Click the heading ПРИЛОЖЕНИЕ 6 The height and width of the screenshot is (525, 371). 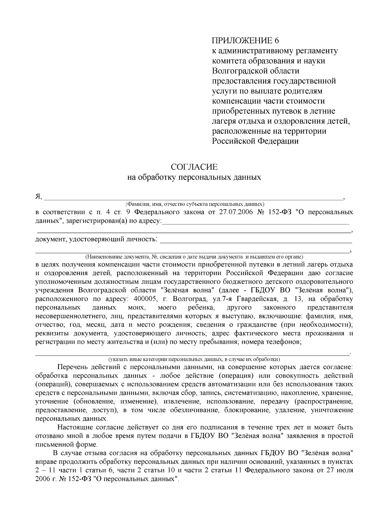coord(245,41)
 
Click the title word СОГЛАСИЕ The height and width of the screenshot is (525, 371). coord(194,167)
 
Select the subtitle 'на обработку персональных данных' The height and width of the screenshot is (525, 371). coord(194,177)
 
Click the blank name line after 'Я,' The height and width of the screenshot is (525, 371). coord(193,198)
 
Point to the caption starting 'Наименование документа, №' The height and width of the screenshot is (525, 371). coord(194,257)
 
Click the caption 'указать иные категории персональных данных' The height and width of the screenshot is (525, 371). coord(194,359)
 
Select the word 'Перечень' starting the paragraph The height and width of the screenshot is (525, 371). coord(72,367)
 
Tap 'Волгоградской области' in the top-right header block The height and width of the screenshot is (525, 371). coord(256,71)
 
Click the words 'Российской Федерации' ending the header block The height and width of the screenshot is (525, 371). coord(255,141)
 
